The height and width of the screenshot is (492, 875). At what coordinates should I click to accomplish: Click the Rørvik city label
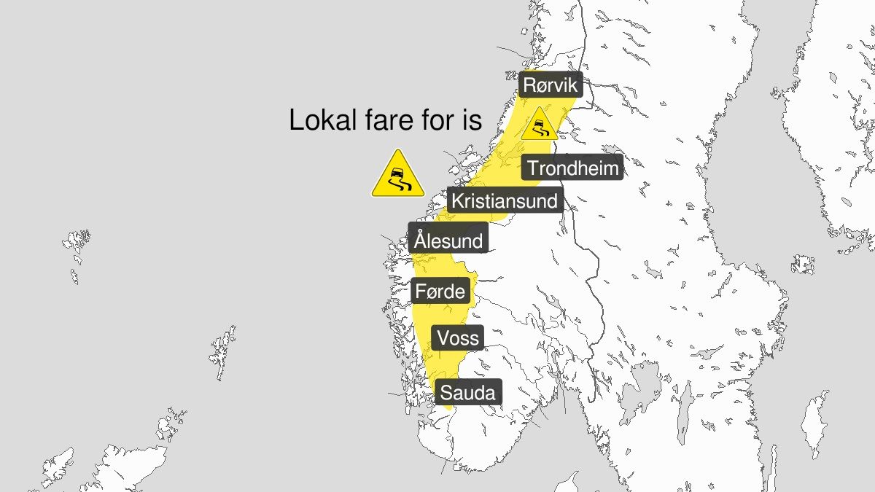551,85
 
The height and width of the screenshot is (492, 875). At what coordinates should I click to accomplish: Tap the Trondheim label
573,168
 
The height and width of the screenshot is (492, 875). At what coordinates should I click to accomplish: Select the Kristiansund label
505,200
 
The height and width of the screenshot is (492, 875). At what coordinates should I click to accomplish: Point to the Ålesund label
448,240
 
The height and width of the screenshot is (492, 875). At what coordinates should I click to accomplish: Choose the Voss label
459,337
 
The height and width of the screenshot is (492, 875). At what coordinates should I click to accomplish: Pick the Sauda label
467,394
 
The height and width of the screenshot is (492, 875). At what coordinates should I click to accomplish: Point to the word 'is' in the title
473,120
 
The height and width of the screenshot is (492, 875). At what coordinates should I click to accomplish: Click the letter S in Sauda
446,394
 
